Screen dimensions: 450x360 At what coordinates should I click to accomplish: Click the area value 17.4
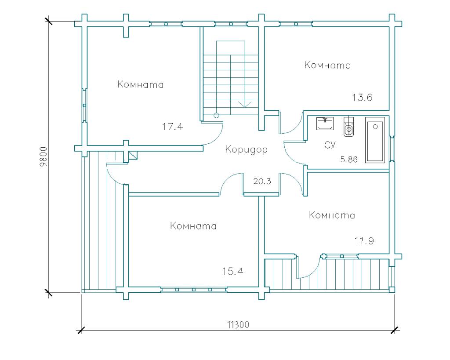[172, 127]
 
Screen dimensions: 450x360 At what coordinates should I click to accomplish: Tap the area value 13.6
[362, 98]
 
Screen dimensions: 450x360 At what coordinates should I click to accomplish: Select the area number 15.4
[233, 271]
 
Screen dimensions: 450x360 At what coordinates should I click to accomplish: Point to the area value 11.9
[364, 241]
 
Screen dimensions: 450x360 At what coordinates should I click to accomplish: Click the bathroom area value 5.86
[349, 159]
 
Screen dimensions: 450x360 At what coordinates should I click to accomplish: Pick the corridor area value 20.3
[262, 181]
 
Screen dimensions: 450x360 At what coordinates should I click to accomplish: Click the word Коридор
[246, 149]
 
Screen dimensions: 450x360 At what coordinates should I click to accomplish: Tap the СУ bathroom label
[330, 145]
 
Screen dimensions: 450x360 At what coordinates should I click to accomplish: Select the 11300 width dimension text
[238, 325]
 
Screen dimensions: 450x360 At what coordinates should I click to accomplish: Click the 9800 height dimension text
[44, 157]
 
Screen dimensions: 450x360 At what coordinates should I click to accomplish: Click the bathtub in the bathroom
[375, 140]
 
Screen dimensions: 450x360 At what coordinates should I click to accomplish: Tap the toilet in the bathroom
[348, 127]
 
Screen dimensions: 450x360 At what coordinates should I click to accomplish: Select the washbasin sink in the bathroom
[325, 124]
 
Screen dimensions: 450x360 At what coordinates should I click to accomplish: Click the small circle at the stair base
[216, 116]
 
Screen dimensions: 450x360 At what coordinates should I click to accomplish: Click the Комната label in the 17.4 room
[140, 84]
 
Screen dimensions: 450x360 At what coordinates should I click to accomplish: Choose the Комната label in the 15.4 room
[193, 226]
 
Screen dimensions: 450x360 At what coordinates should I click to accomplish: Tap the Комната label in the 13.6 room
[327, 65]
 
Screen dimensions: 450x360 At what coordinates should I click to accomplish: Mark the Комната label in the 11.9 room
[332, 215]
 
